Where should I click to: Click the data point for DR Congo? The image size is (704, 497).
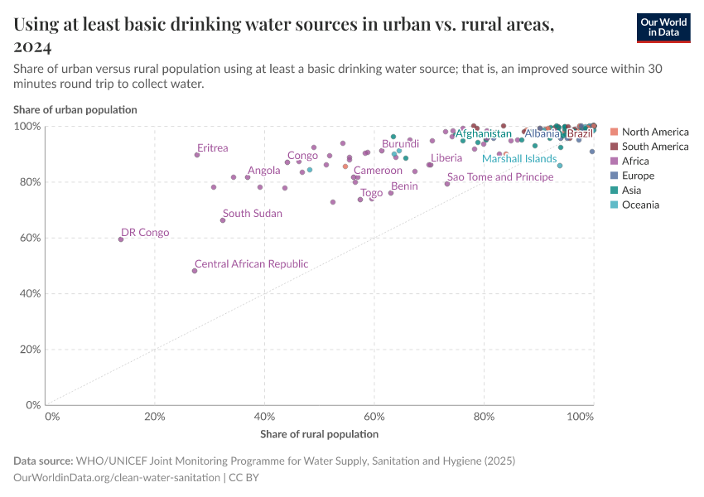click(x=121, y=239)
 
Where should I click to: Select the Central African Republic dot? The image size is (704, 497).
click(x=195, y=271)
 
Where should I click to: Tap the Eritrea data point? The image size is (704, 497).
click(x=197, y=155)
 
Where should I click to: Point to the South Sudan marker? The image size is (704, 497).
click(x=223, y=220)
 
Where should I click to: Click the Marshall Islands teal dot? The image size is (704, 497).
click(x=560, y=166)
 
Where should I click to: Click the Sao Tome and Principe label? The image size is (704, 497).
click(x=499, y=177)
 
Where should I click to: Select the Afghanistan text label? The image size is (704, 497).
click(x=483, y=134)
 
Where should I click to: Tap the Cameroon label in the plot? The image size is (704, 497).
click(x=378, y=171)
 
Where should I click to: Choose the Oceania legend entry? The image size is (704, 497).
click(x=640, y=205)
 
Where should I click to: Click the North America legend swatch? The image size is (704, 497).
click(x=614, y=132)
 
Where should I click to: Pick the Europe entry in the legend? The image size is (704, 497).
click(x=638, y=176)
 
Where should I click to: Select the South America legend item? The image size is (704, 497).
click(x=654, y=147)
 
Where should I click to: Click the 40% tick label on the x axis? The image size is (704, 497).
click(x=264, y=415)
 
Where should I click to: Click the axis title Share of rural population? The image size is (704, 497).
click(x=319, y=434)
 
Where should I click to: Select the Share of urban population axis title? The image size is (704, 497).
click(x=75, y=109)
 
